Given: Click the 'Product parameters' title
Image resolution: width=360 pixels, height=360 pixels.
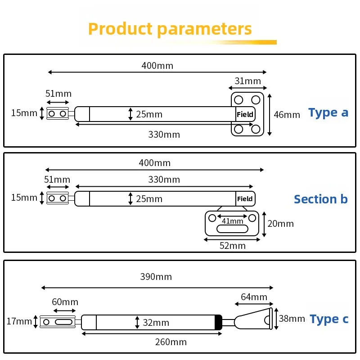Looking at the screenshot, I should (170, 29).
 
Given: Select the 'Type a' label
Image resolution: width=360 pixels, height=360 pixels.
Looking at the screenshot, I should (328, 112).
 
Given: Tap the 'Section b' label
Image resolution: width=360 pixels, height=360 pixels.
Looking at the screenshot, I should (320, 199).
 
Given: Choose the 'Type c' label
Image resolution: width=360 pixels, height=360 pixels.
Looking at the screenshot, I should (329, 319).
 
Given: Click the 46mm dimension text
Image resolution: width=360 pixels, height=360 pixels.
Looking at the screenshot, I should (287, 115).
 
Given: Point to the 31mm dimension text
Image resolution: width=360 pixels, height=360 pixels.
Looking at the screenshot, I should (247, 81).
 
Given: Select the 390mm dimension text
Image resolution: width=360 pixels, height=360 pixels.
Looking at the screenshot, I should (156, 277).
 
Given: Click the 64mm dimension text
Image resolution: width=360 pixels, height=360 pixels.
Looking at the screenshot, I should (254, 297).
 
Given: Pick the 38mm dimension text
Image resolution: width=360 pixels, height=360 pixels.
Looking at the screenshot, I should (292, 319).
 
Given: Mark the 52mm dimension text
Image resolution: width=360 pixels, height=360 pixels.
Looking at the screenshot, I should (232, 246).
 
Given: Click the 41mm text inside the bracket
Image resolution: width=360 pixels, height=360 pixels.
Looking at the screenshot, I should (233, 220).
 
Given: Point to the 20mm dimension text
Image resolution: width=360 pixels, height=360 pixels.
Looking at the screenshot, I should (280, 224).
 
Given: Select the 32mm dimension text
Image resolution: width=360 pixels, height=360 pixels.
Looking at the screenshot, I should (156, 323).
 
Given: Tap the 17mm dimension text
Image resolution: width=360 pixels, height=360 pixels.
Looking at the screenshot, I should (19, 321).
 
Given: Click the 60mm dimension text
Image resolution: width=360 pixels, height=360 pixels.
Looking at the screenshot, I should (65, 302).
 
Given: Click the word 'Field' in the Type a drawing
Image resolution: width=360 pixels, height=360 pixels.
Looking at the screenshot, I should (245, 114).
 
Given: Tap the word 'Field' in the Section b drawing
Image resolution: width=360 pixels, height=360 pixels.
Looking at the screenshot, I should (245, 199).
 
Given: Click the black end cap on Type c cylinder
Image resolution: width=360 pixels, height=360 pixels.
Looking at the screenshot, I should (218, 322).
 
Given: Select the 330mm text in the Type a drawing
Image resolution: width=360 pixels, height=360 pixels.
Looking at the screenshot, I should (164, 134).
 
